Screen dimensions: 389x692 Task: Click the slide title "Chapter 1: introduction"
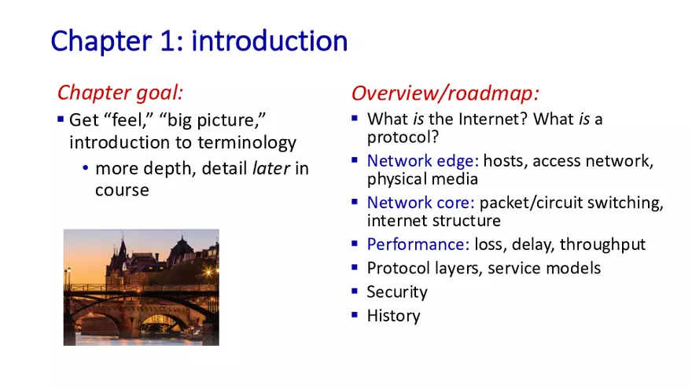tap(199, 41)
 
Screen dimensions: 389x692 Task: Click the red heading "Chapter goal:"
tap(120, 93)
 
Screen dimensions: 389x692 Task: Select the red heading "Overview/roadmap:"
tap(445, 94)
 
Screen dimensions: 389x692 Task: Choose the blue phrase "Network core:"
tap(421, 203)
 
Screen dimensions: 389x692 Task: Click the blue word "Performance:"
tap(418, 244)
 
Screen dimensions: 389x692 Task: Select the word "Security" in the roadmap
tap(397, 292)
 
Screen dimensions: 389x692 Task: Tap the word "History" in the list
tap(393, 316)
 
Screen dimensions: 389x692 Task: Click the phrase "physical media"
tap(422, 179)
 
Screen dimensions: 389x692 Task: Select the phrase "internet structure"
tap(433, 221)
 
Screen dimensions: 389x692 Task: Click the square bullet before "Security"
tap(355, 292)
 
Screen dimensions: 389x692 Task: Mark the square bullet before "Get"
tap(61, 119)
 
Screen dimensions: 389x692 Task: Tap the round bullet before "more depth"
tap(85, 169)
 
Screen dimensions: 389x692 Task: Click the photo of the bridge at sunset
tap(141, 288)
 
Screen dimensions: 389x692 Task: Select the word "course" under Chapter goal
tap(122, 190)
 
